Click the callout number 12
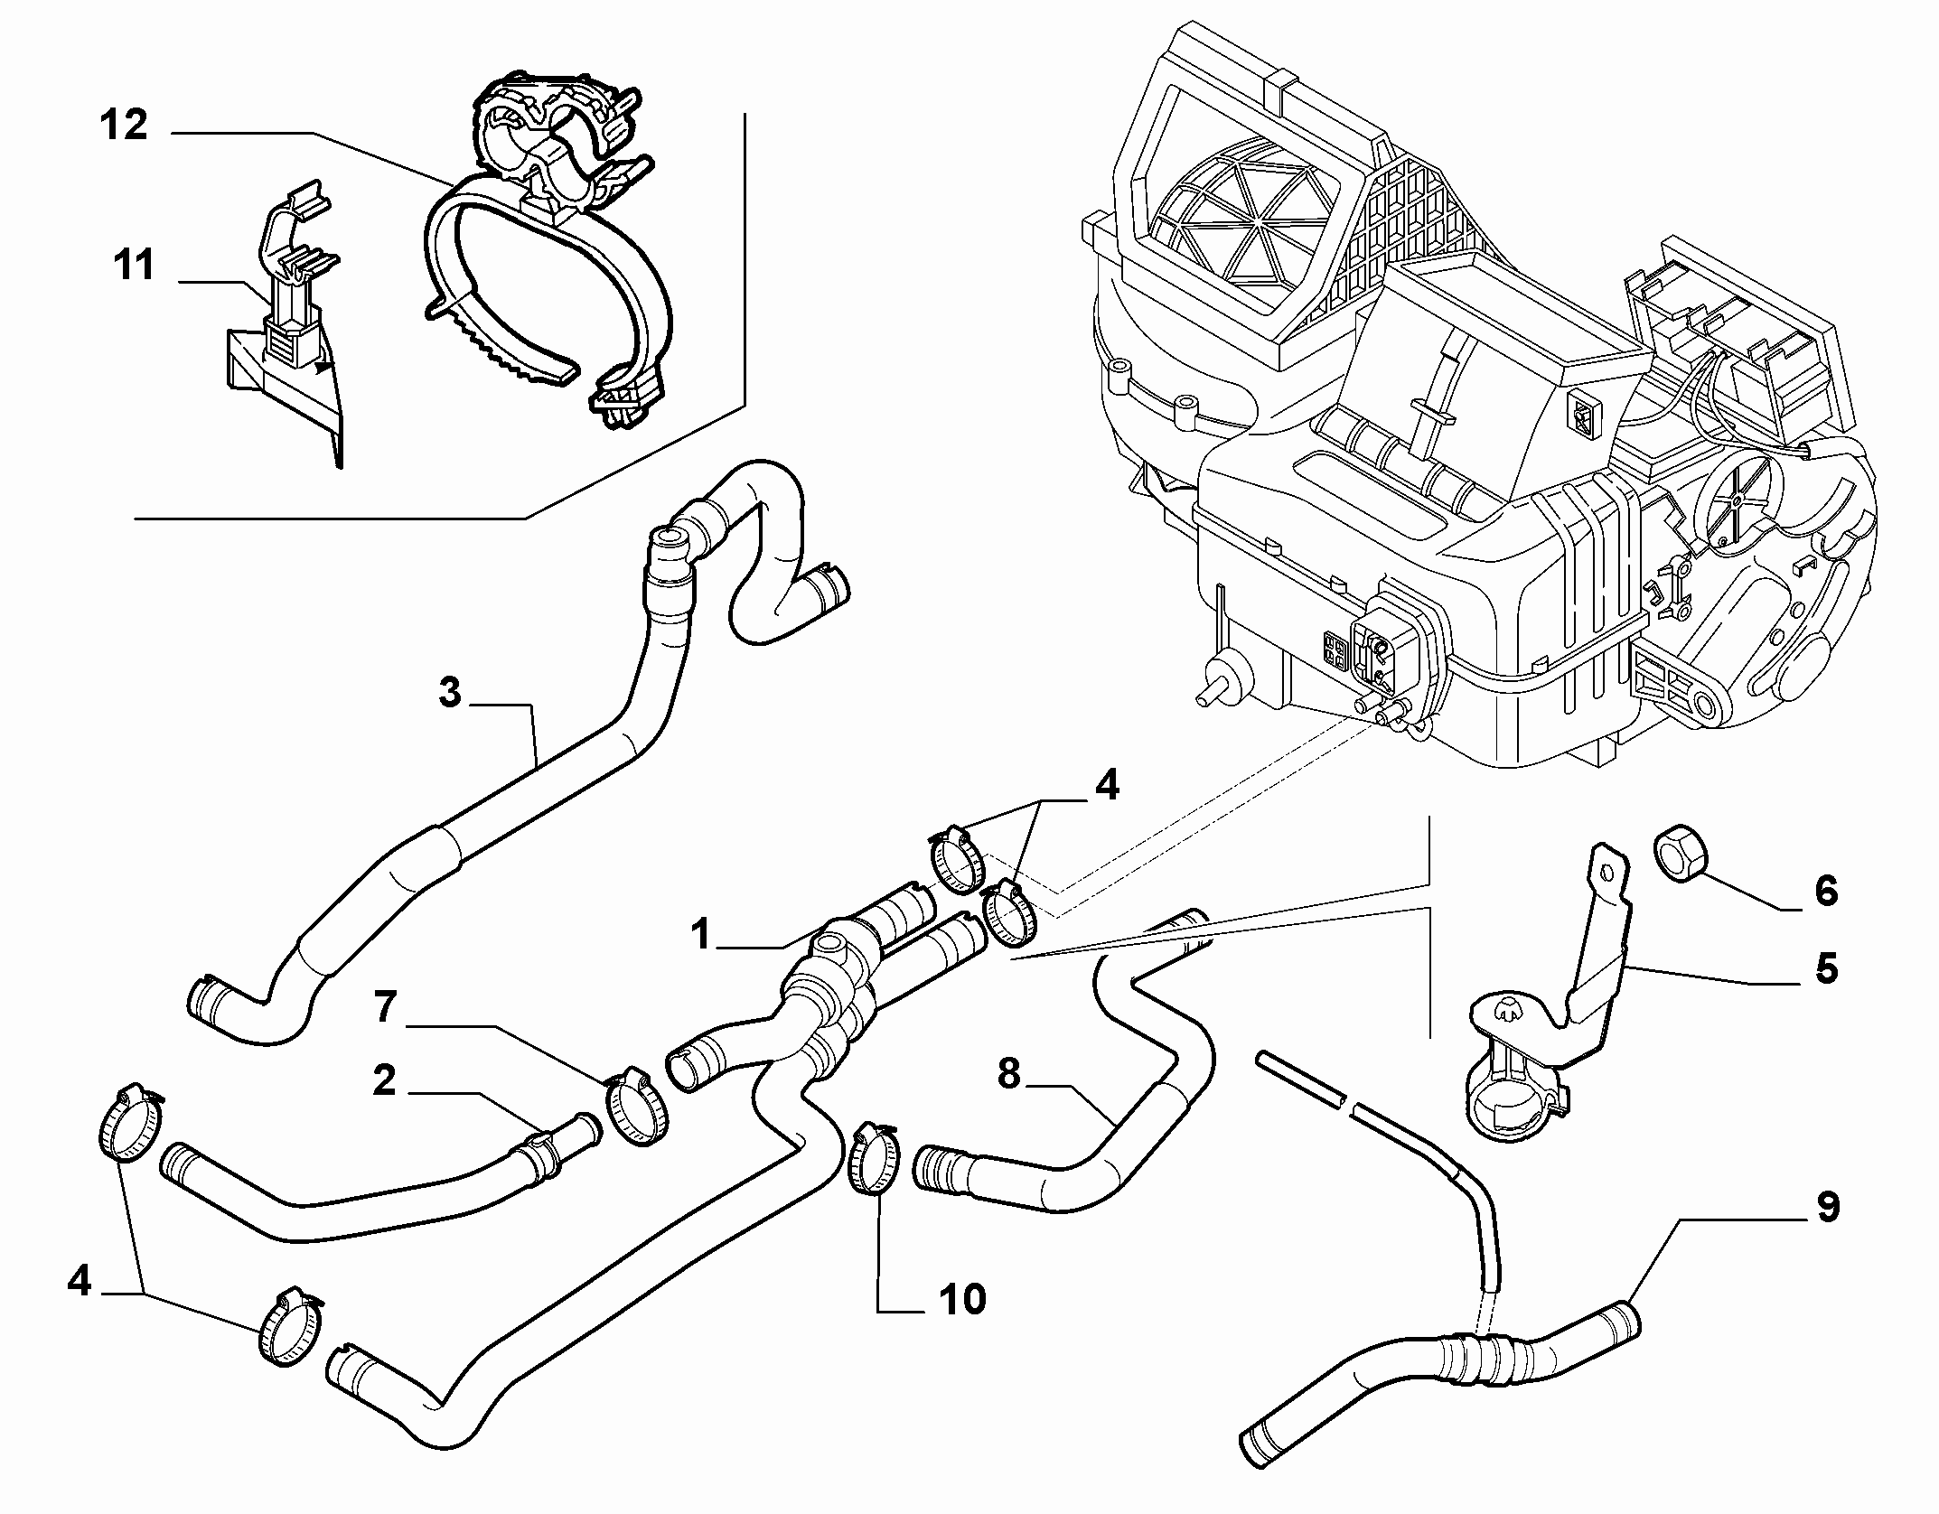(124, 126)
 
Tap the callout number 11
(134, 266)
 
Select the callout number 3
(450, 694)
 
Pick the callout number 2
(384, 1080)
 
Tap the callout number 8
(1008, 1074)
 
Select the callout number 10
(961, 1299)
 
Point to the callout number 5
(1826, 968)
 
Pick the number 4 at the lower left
(80, 1280)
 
